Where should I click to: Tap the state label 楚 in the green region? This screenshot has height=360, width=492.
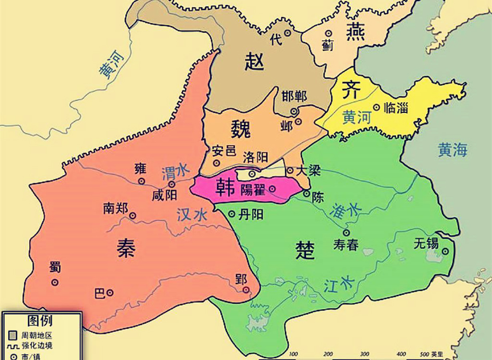(305, 250)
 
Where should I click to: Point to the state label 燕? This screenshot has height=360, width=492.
(355, 31)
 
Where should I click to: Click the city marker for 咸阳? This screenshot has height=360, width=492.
(172, 184)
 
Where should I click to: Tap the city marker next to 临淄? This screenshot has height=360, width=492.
(376, 107)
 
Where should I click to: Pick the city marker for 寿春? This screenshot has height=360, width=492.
(346, 232)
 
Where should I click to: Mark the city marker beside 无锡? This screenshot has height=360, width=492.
(445, 251)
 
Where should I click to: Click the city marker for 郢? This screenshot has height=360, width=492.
(246, 290)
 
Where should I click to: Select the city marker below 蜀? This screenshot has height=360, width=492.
(55, 282)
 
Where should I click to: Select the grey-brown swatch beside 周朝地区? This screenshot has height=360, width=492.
(13, 335)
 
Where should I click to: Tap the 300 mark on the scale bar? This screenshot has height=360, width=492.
(364, 354)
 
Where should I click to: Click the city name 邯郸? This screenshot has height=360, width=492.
(294, 96)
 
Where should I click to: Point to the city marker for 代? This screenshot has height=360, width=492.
(287, 33)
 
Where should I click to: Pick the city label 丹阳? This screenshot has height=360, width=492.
(251, 214)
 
